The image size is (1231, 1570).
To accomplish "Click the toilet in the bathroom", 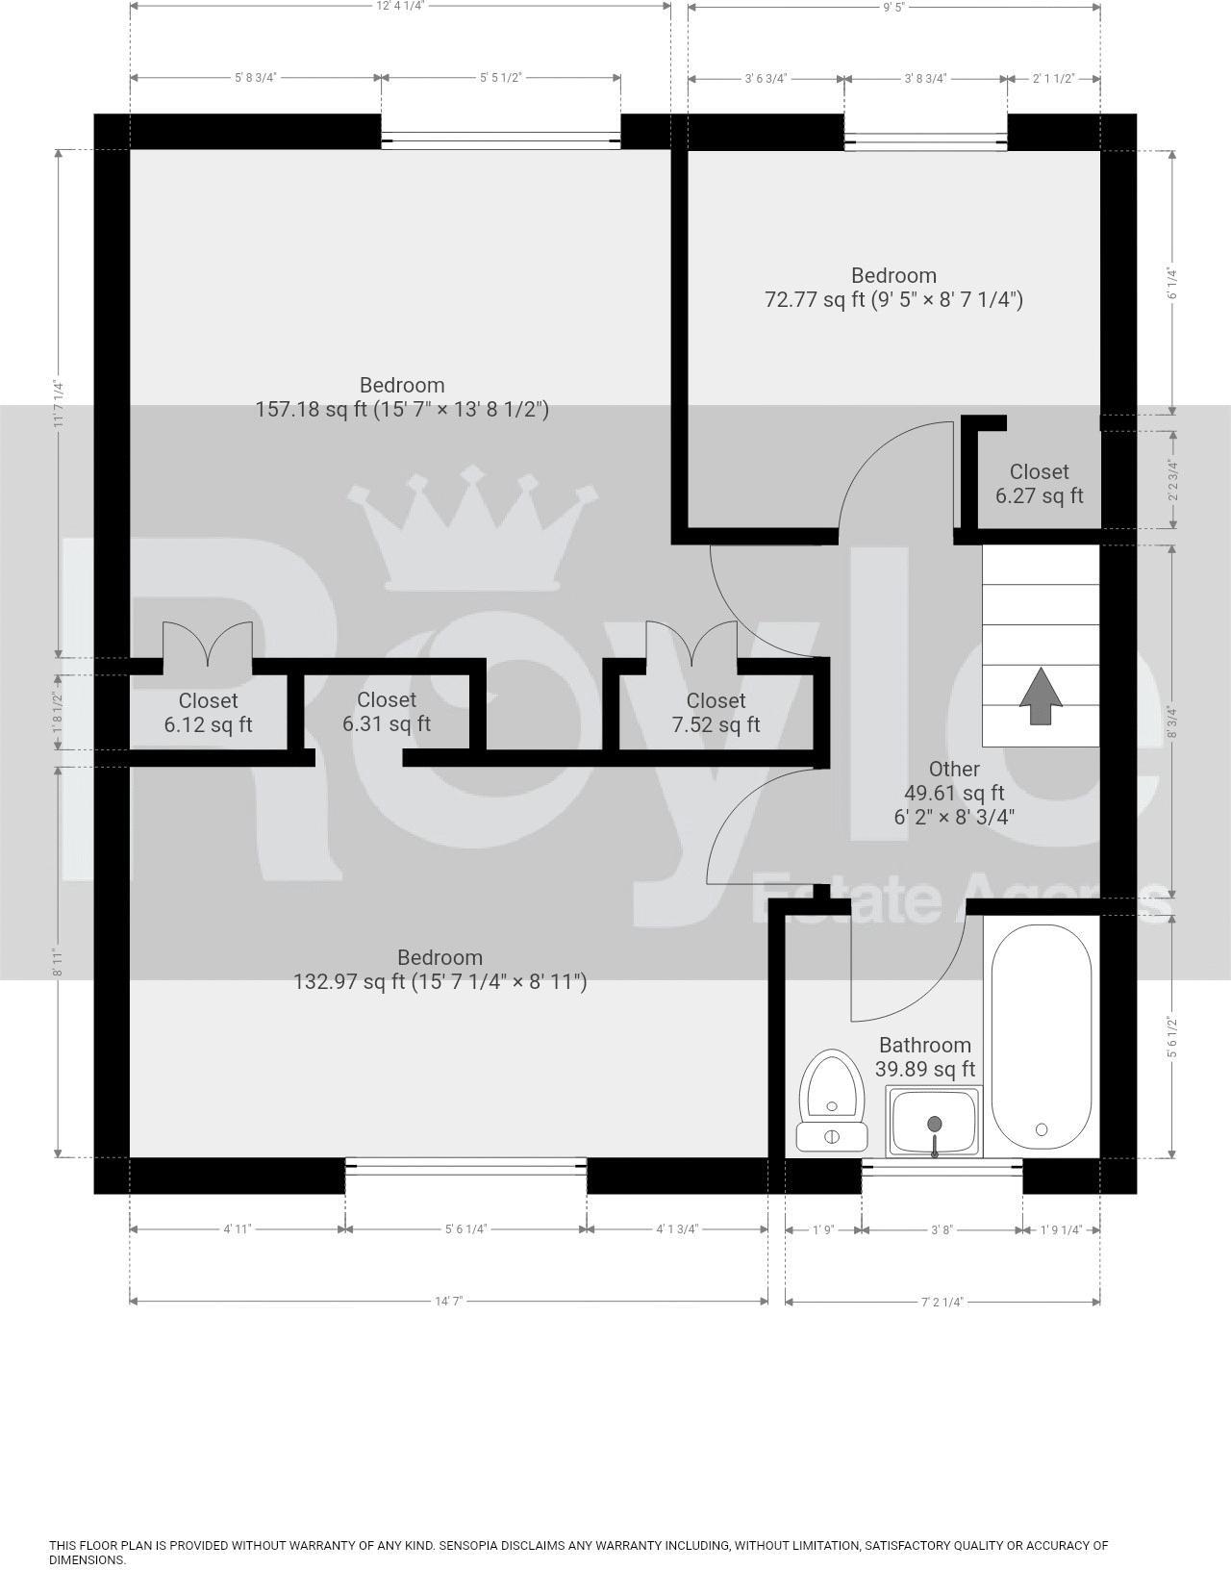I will (832, 1100).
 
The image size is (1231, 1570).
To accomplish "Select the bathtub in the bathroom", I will (1041, 1037).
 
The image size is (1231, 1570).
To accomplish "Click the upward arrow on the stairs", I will (1040, 696).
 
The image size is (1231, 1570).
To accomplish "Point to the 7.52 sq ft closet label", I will (716, 713).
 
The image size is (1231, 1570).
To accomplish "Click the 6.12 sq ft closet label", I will (208, 713).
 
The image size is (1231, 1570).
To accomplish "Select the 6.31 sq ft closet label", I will (386, 712).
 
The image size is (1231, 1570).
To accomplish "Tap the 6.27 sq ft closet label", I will (1039, 484).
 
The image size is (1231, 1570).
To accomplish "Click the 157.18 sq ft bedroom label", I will (402, 397).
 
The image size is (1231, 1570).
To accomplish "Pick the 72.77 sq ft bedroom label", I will (893, 288).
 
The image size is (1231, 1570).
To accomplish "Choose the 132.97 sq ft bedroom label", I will (440, 970).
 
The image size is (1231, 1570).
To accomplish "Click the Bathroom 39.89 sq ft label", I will (925, 1057).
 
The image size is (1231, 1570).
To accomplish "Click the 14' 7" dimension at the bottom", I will (448, 1302).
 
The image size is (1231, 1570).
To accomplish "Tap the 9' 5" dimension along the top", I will (893, 7).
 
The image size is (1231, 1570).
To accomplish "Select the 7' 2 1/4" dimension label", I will (942, 1302).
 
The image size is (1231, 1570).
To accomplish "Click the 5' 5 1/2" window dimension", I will (500, 78).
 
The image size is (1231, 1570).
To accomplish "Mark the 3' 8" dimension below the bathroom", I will (942, 1229).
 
